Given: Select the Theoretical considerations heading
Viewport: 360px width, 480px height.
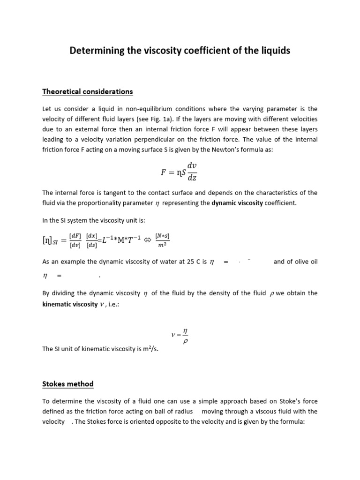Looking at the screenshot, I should pos(88,91).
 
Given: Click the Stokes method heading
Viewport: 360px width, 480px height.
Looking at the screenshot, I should pos(68,384).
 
